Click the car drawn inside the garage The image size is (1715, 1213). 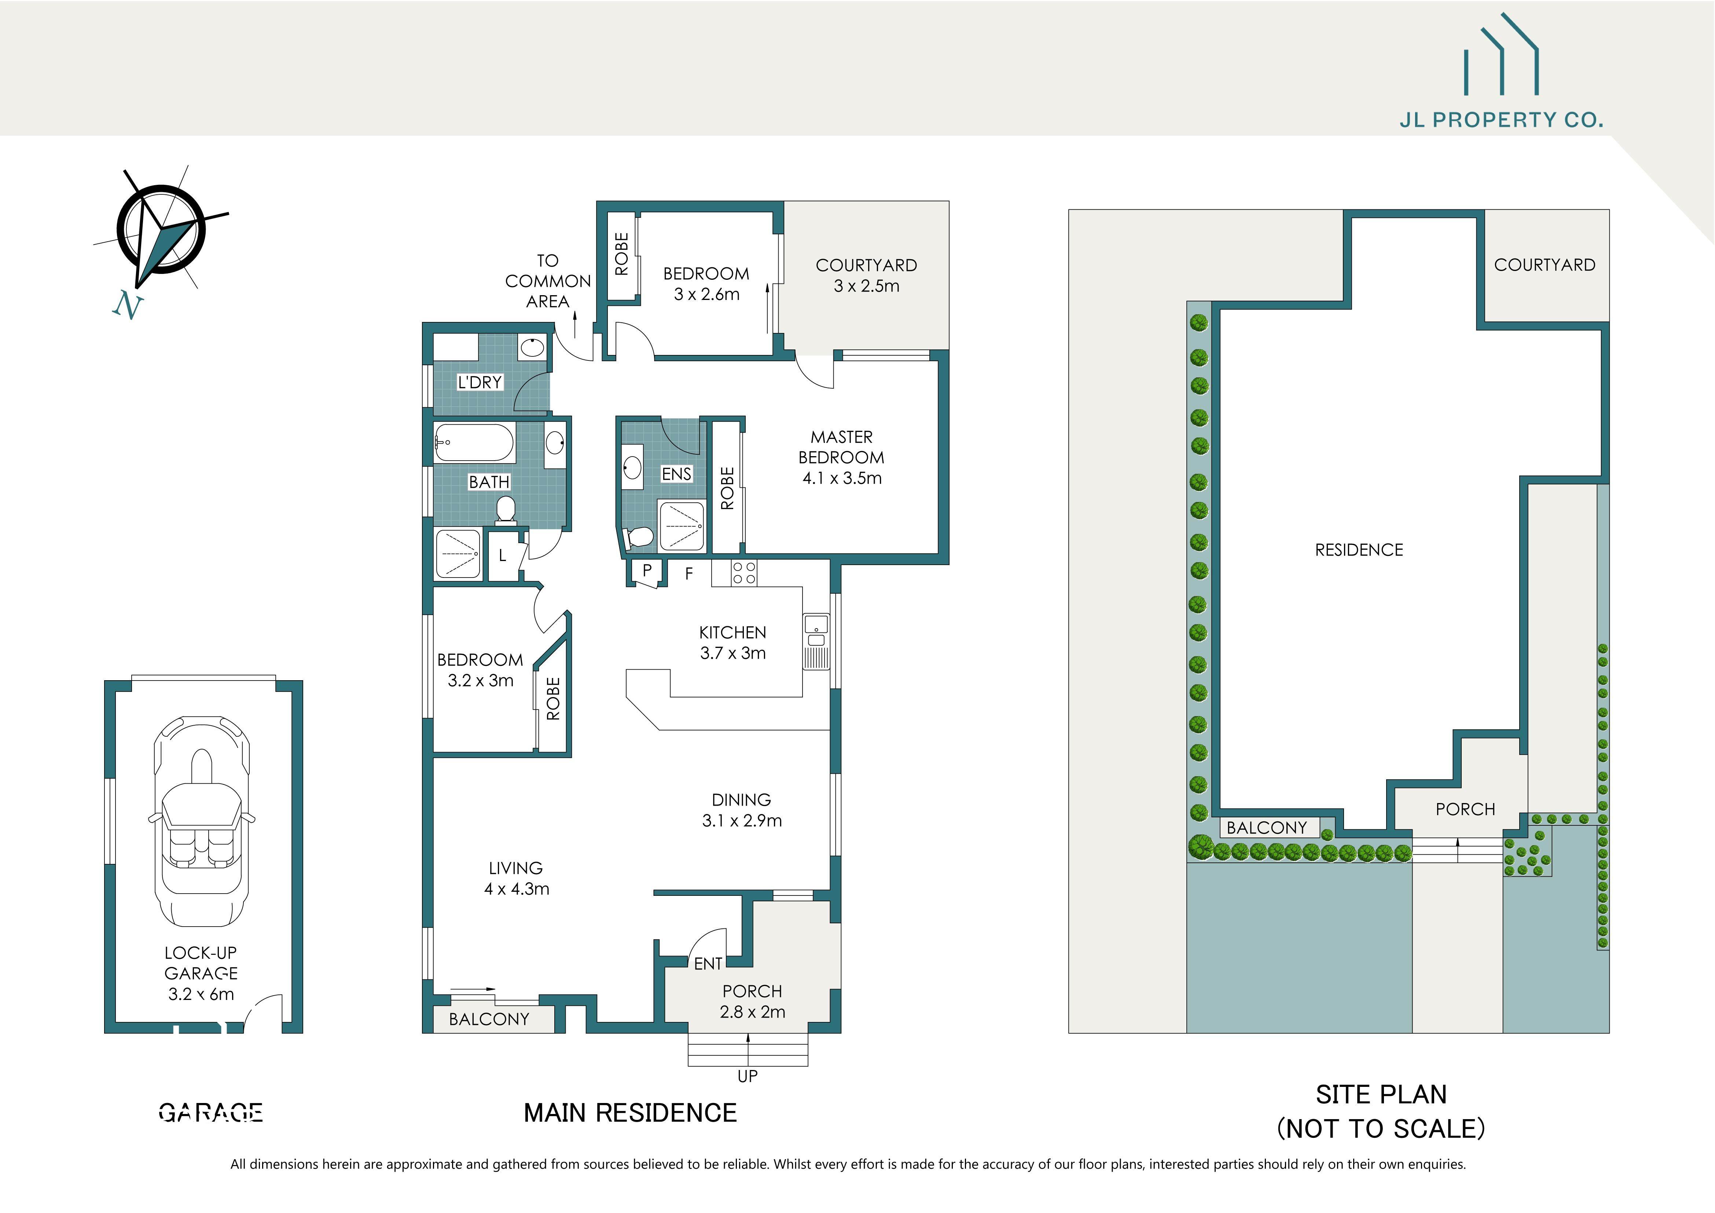point(202,822)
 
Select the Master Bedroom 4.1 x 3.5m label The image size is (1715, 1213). point(842,457)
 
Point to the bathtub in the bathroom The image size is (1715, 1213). point(474,442)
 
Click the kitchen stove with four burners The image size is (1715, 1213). point(744,573)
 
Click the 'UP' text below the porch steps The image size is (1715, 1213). point(747,1075)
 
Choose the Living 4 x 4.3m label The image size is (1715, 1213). point(516,878)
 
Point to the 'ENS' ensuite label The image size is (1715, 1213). point(677,473)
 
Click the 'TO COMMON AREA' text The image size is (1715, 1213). point(547,281)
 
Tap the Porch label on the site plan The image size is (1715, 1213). point(1465,809)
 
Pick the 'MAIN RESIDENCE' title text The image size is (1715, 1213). point(630,1113)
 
